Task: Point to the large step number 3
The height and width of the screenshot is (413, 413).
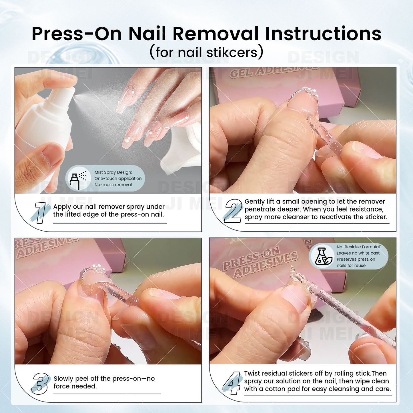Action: tap(40, 384)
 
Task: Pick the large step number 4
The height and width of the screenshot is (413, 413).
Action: tap(232, 383)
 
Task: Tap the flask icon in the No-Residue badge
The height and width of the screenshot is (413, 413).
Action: tap(323, 256)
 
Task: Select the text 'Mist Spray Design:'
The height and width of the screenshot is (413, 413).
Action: tap(113, 172)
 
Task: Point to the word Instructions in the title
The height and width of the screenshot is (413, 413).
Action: tap(323, 34)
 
